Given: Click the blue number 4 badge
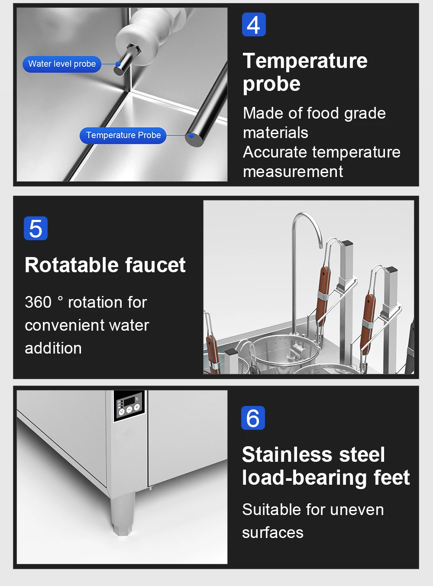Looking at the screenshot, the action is (x=254, y=24).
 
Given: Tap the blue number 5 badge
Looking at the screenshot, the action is (x=36, y=228).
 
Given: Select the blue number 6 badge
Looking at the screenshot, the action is (x=253, y=418).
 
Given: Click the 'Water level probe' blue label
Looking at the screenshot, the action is (x=62, y=64).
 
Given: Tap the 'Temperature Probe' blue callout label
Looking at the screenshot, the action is (x=123, y=135).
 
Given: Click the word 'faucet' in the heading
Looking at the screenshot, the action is (x=155, y=265).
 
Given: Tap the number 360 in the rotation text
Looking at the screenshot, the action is (x=38, y=302).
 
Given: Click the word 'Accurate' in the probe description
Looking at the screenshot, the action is (x=275, y=152).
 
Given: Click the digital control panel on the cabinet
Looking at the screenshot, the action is (x=129, y=406).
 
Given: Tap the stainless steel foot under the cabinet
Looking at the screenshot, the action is (x=123, y=513).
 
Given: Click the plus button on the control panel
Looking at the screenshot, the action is (x=137, y=407).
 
